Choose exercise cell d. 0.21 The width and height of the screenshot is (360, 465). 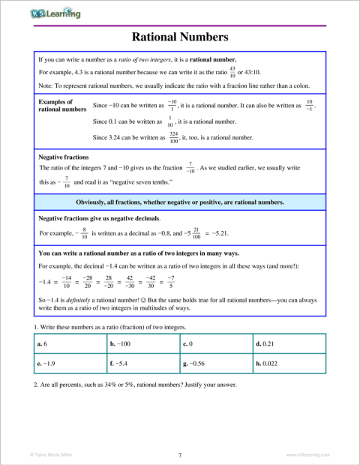[289, 343]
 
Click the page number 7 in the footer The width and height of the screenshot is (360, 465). [180, 454]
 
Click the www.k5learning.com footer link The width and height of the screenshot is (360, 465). [309, 454]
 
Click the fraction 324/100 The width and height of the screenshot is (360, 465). [173, 137]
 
